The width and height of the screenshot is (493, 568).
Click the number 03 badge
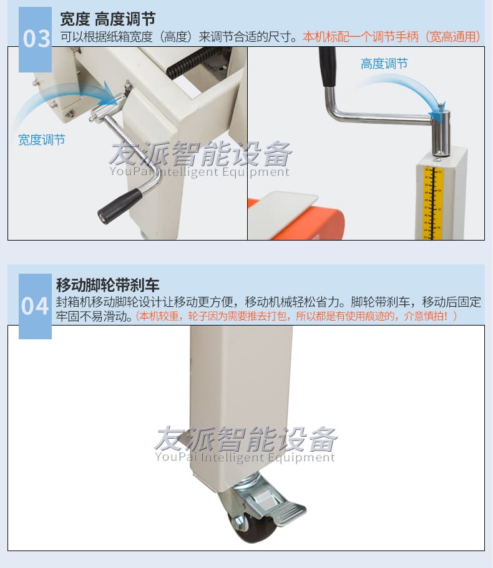click(36, 39)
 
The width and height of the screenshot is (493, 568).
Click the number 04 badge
click(35, 306)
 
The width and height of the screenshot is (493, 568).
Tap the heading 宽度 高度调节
click(107, 19)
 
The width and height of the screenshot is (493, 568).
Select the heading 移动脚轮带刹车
click(107, 285)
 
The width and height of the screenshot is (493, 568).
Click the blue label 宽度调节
click(42, 140)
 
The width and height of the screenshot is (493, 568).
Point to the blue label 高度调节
click(384, 64)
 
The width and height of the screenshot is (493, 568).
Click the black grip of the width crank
click(120, 206)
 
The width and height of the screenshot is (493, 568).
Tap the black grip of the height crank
click(328, 67)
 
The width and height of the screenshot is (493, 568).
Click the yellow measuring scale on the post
click(433, 202)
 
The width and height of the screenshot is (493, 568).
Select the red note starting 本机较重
click(296, 316)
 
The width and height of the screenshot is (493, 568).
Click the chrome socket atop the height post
click(442, 132)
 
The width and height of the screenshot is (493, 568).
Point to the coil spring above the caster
click(250, 479)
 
